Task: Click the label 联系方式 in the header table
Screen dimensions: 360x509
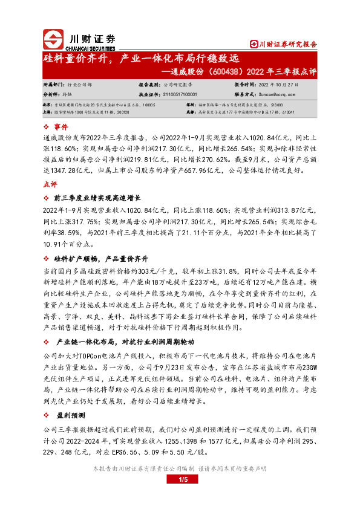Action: pos(246,94)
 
